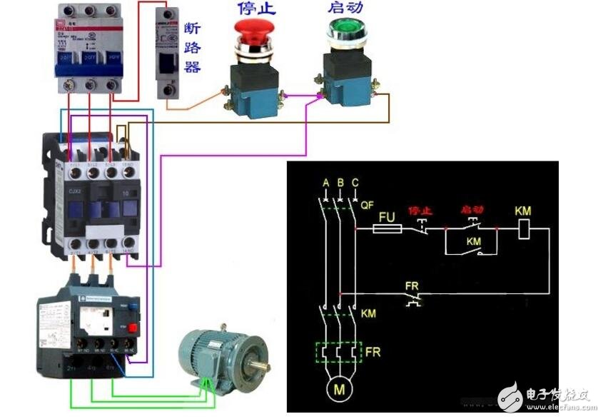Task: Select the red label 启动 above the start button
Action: click(x=346, y=8)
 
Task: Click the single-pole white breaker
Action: click(x=171, y=54)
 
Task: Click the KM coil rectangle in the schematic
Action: click(x=523, y=229)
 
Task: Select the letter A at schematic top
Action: click(x=325, y=183)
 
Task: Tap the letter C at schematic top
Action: click(x=355, y=183)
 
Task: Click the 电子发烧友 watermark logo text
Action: click(x=561, y=393)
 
